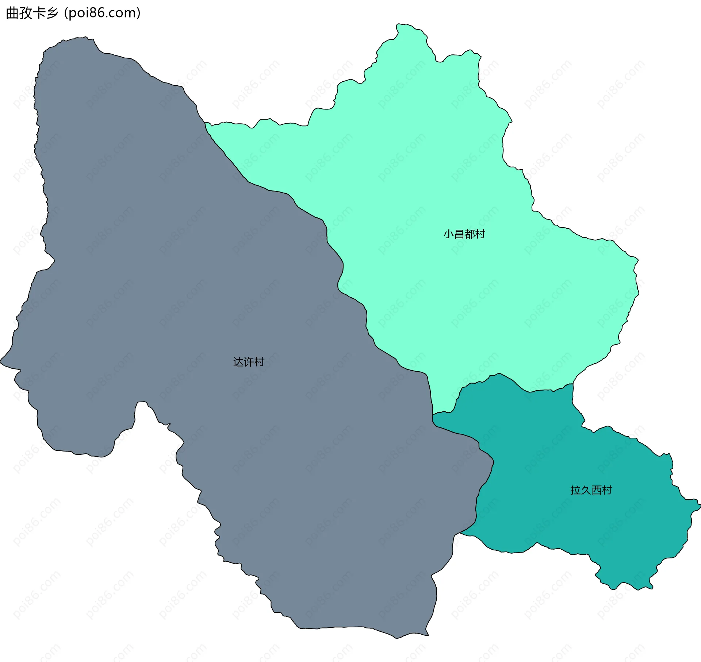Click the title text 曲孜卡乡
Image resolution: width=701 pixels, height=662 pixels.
point(32,13)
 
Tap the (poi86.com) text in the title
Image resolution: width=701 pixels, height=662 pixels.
point(102,13)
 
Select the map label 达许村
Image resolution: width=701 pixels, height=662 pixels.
point(249,362)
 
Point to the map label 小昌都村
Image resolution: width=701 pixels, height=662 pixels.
point(464,234)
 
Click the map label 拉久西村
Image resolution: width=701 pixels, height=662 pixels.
point(591,490)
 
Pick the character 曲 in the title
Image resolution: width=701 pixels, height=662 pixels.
point(12,13)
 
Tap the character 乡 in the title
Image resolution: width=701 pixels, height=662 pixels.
point(53,13)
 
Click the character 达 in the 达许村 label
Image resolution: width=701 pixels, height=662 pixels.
point(238,362)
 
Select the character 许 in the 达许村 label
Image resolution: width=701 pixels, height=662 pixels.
point(249,362)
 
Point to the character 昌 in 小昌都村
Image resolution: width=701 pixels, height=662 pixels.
point(459,234)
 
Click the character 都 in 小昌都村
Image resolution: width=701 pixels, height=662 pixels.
point(470,234)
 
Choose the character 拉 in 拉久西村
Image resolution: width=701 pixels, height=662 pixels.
point(575,490)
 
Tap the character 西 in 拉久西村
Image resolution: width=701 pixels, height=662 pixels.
point(596,490)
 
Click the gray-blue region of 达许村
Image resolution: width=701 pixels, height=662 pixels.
point(183,292)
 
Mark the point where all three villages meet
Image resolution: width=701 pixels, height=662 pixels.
point(433,415)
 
